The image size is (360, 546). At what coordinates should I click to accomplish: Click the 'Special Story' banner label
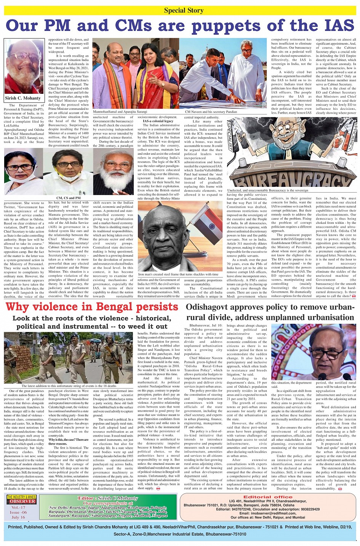[184, 10]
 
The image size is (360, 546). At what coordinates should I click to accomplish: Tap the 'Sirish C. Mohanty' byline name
[23, 98]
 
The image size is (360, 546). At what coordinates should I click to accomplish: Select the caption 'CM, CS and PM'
[68, 198]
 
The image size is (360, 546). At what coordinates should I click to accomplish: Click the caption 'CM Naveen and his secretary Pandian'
[211, 112]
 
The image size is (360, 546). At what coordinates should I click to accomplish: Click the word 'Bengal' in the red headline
[119, 307]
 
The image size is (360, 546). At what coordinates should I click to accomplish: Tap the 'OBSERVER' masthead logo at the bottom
[21, 501]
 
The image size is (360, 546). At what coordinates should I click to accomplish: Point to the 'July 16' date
[18, 517]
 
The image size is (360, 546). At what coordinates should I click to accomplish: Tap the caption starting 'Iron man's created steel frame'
[178, 274]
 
